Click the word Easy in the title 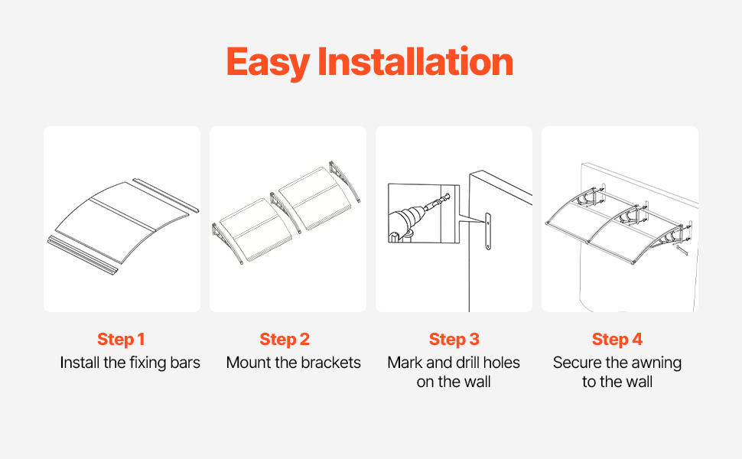268,63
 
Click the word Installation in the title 415,61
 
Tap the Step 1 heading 121,340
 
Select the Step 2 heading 285,340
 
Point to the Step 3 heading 454,340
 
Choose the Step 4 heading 617,340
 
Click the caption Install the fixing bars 130,363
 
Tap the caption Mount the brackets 294,363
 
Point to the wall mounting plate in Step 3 488,231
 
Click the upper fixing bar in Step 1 166,195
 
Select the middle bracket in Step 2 285,212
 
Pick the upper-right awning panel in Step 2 314,198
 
